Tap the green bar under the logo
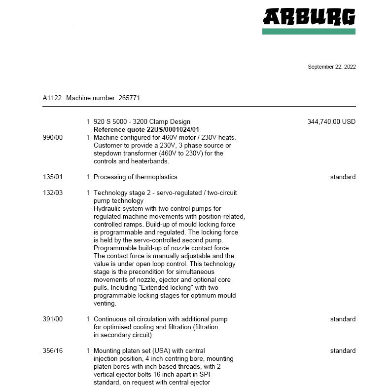click(x=309, y=32)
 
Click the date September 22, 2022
click(x=331, y=67)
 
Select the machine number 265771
click(x=129, y=98)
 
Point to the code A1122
click(x=52, y=98)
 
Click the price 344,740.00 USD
click(x=331, y=121)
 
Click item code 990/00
click(x=53, y=137)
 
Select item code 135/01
click(x=53, y=177)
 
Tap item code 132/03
click(x=53, y=193)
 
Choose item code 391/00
click(x=53, y=319)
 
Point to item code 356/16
click(x=53, y=350)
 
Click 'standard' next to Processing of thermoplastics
click(x=343, y=177)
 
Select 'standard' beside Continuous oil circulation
click(x=343, y=319)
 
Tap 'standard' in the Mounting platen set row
click(x=343, y=350)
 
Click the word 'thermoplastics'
click(x=156, y=177)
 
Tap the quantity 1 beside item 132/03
click(x=88, y=193)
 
